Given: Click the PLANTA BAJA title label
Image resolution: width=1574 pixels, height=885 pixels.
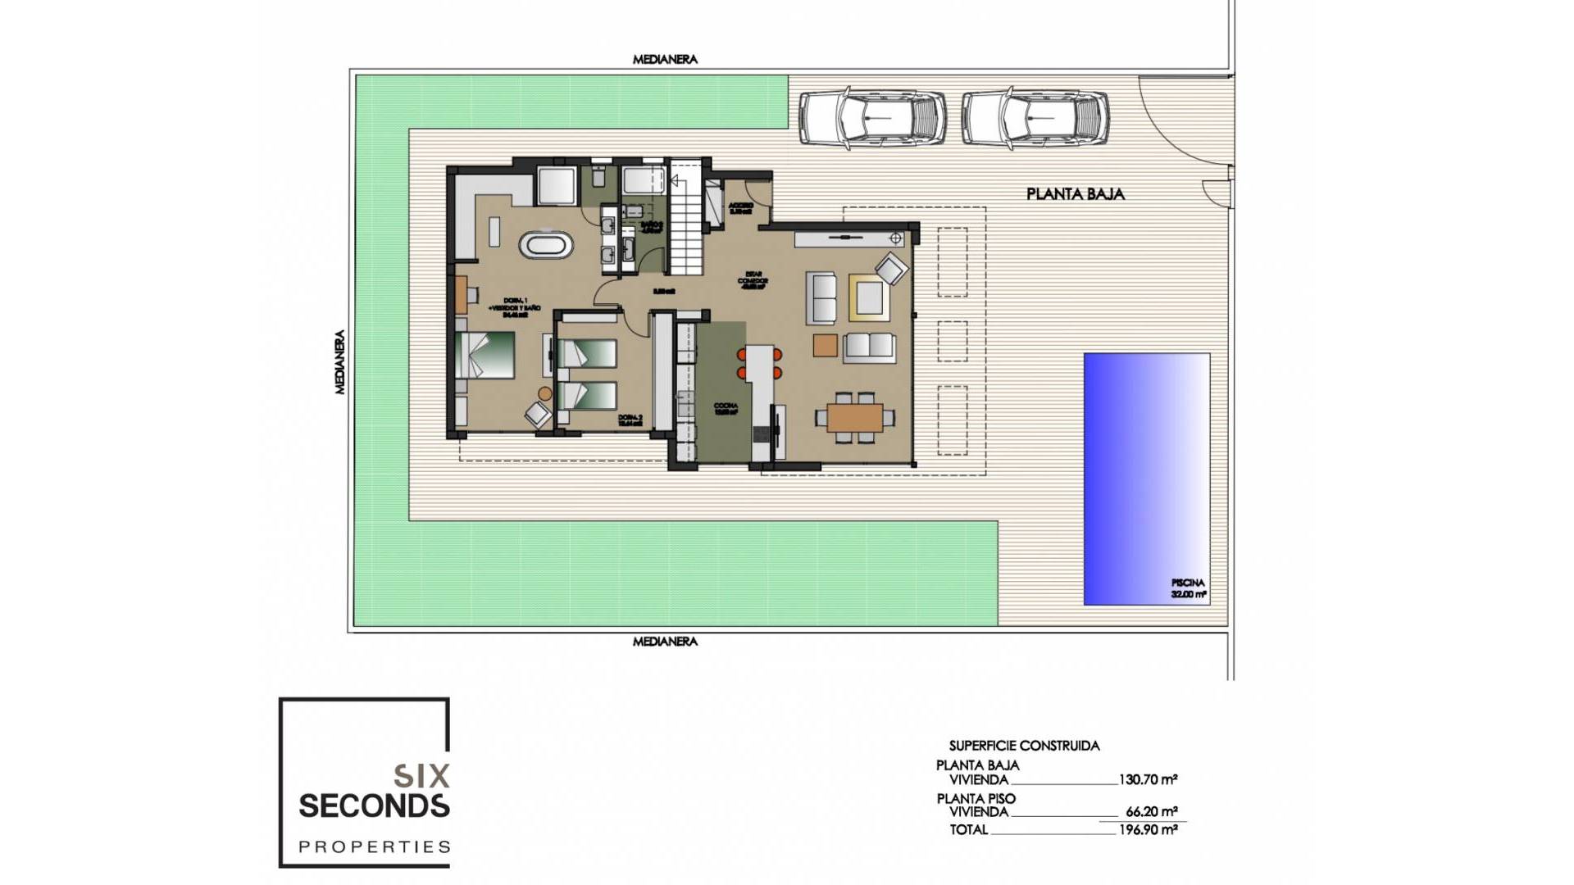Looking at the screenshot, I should pos(1076,194).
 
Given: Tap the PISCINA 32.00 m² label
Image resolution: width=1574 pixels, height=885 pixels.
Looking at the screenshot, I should pos(1188,589).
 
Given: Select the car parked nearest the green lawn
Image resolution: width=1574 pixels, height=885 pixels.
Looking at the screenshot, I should pos(872,120).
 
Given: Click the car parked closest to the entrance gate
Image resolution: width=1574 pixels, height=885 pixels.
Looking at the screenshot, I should pos(1035,120).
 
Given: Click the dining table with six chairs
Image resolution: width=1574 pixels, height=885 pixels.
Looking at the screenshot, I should pos(855,418).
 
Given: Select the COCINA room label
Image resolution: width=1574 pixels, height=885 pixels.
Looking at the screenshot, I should pos(726,409).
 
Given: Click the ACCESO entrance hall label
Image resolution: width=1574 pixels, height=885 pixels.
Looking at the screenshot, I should pos(740,208).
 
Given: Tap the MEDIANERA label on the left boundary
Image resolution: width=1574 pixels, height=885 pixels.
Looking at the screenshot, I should pos(340,362).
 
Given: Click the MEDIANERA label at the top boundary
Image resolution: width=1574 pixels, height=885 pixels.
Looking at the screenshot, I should pos(665,60).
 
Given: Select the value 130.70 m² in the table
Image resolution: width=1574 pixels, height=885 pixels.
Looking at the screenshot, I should pos(1148,780).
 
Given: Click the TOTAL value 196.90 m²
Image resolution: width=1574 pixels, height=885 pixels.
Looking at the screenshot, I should pos(1148,829).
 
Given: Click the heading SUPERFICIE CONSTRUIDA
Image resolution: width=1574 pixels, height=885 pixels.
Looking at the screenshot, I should pos(1024,746).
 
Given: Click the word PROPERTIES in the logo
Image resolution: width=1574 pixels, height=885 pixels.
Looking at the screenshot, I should pos(375,846).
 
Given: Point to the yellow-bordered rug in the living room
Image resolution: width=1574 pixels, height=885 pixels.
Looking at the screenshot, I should pos(868,297).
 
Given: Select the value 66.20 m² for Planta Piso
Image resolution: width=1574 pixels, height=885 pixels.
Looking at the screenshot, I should pos(1151,812).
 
